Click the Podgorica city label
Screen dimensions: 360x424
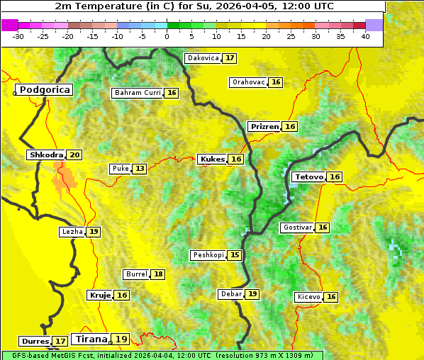45,90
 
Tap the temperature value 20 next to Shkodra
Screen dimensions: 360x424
74,155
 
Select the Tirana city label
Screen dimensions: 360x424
90,339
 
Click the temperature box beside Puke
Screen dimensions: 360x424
140,169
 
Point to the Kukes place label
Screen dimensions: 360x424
212,159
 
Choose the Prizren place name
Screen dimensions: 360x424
264,127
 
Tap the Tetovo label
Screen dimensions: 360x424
309,177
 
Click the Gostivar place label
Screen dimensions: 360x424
296,227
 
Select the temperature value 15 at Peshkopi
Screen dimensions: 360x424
235,255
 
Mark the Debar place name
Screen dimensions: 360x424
231,294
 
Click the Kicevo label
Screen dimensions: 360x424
308,297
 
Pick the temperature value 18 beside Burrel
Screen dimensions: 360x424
158,274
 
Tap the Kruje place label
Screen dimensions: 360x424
100,295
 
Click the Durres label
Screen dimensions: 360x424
35,342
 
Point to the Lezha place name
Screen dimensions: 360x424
72,232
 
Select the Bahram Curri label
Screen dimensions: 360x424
138,93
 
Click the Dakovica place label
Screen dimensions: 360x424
202,58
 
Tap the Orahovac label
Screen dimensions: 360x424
249,82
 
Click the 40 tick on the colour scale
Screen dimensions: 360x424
365,35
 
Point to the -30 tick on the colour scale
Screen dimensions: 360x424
18,35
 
